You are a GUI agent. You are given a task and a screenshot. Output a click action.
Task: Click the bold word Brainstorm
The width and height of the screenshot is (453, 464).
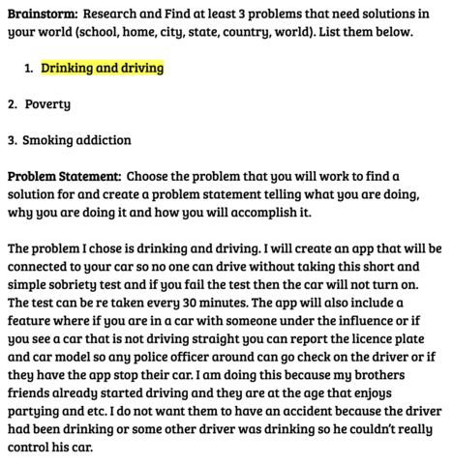click(x=42, y=14)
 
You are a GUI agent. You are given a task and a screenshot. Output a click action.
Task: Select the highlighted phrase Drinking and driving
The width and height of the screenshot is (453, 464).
click(x=102, y=69)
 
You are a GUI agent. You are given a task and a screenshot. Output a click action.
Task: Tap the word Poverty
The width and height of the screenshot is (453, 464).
click(x=47, y=103)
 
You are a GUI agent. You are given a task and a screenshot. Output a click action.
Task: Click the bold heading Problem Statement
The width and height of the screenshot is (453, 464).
click(x=64, y=176)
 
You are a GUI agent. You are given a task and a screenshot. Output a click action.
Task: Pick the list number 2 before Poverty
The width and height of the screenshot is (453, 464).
click(x=12, y=103)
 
